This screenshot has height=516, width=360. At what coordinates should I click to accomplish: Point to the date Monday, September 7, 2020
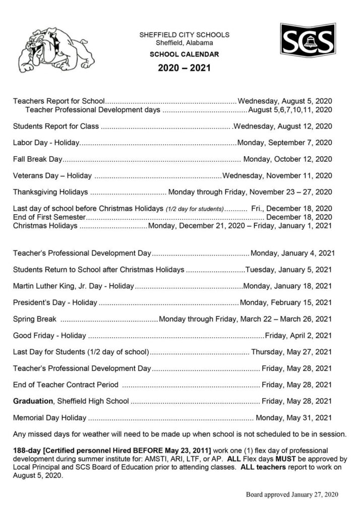pyautogui.click(x=285, y=143)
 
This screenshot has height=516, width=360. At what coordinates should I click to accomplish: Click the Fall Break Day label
pyautogui.click(x=37, y=159)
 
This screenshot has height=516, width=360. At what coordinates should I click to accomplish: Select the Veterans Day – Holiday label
pyautogui.click(x=52, y=176)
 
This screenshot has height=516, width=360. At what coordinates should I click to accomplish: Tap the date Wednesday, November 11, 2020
pyautogui.click(x=277, y=176)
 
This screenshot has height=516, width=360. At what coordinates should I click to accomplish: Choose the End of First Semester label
pyautogui.click(x=49, y=217)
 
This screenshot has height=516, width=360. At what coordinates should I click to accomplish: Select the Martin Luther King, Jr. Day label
pyautogui.click(x=73, y=286)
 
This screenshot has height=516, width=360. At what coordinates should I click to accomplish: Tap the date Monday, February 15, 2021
pyautogui.click(x=286, y=303)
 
